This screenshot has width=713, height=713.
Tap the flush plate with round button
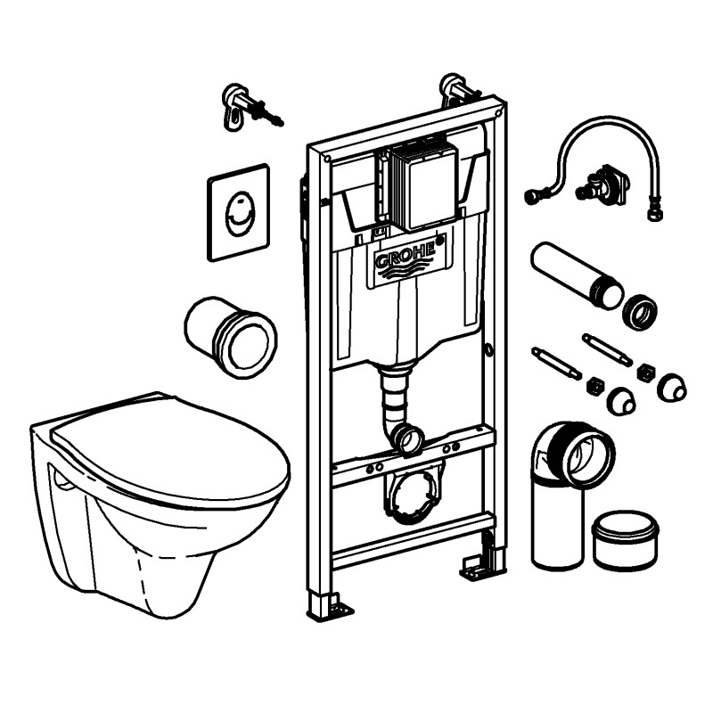pos(238,212)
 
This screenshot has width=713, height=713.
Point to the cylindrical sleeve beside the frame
pos(230,336)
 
